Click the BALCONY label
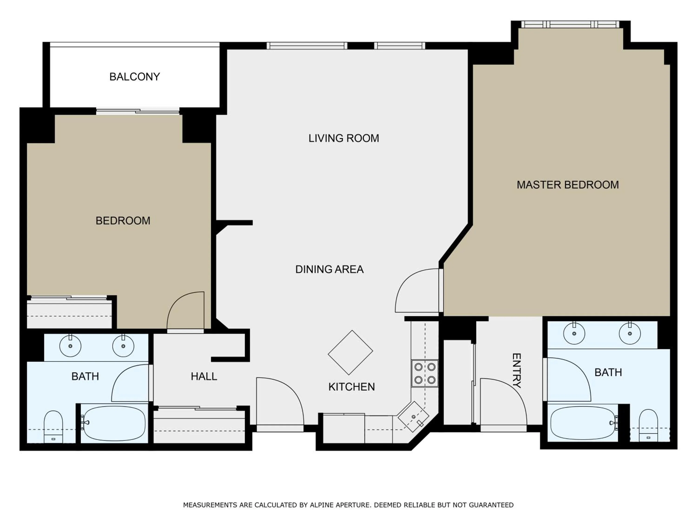(x=135, y=77)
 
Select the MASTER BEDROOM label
(x=568, y=185)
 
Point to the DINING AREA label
(x=329, y=269)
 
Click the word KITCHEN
(x=351, y=387)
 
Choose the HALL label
(x=204, y=376)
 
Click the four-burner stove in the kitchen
(x=424, y=373)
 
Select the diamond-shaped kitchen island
(x=350, y=352)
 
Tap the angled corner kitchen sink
(x=413, y=417)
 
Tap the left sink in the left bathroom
(x=70, y=346)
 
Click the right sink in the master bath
(x=630, y=333)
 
